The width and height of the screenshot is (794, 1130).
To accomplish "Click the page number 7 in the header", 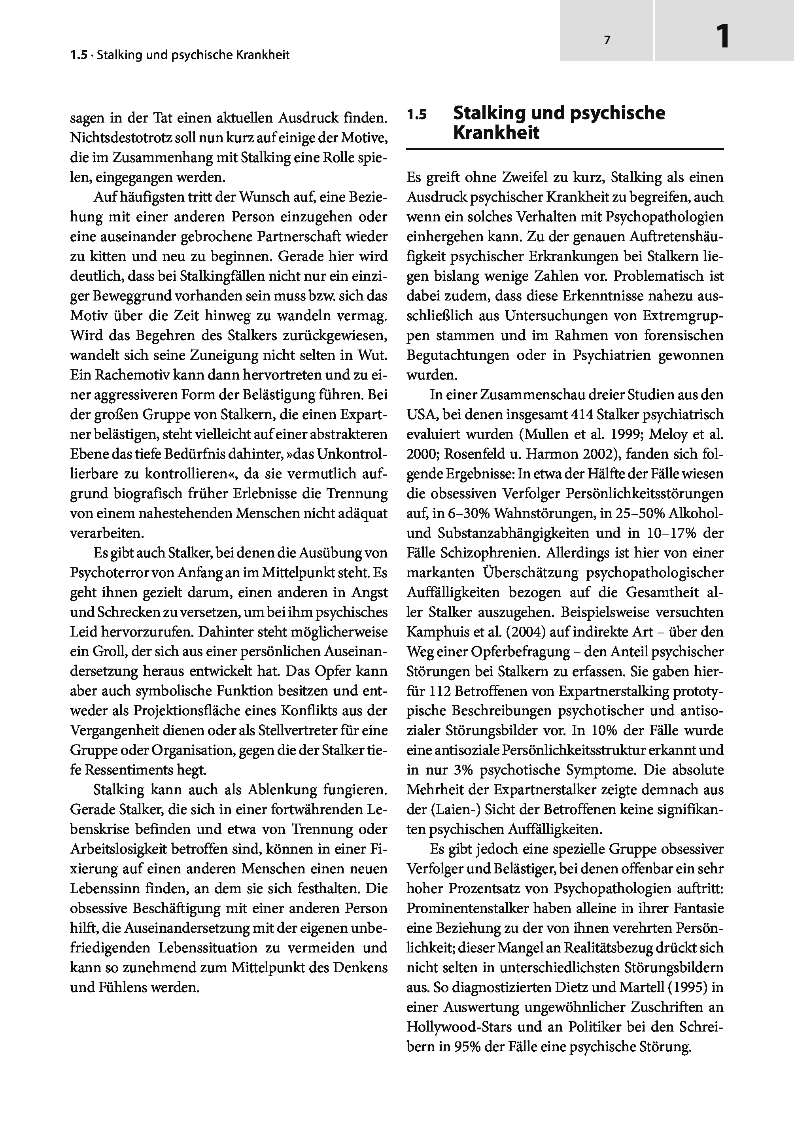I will pos(607,41).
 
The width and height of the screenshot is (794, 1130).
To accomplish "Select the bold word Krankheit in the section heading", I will pos(496,133).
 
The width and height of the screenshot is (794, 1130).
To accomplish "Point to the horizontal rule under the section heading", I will pos(565,149).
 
